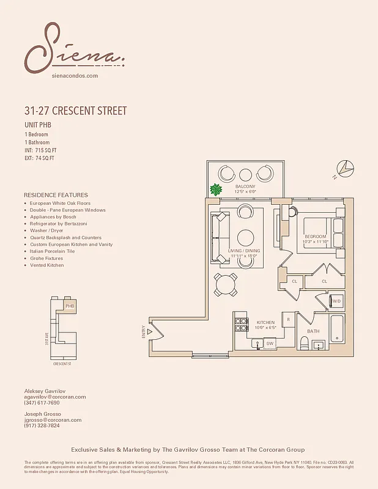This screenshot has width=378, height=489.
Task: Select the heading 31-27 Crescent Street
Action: pos(75,111)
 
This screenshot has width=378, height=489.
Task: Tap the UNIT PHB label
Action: pos(37,125)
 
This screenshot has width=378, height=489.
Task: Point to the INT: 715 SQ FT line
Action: pos(40,150)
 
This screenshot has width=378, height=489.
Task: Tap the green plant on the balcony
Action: pos(216,190)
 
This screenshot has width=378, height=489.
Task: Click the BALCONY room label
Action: pos(245,186)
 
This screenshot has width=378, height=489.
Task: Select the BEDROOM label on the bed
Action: pos(316,237)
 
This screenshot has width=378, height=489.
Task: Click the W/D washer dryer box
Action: pos(336,301)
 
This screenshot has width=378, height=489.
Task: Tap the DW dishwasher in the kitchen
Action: pos(270,344)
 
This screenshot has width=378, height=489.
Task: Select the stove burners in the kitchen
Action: pos(242,324)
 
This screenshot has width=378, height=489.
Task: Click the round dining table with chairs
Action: pos(226,284)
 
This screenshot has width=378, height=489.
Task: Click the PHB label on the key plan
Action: pos(70,306)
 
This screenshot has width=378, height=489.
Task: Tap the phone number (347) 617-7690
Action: pos(42,403)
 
